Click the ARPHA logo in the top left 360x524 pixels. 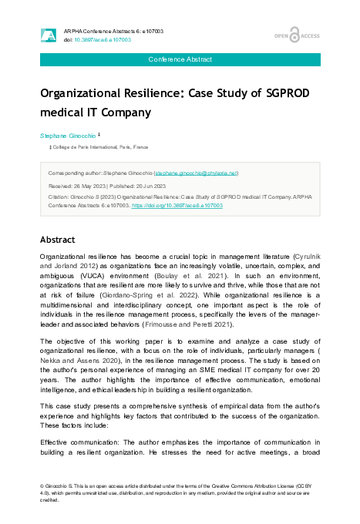tap(48, 35)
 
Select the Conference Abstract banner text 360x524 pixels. tap(180, 59)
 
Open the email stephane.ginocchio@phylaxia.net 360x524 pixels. tap(197, 173)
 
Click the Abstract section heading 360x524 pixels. tap(59, 239)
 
